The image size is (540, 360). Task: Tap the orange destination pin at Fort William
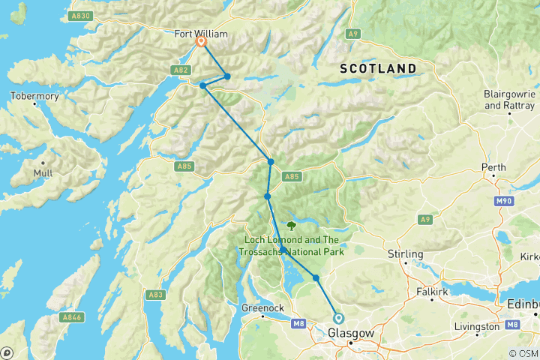(x=202, y=43)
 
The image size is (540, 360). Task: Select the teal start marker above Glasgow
(x=339, y=318)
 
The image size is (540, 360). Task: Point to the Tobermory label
(x=33, y=96)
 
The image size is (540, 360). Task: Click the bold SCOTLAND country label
(x=378, y=68)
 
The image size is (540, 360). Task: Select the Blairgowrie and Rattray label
(x=509, y=100)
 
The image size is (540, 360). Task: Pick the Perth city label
(x=495, y=167)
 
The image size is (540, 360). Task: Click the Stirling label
(x=406, y=254)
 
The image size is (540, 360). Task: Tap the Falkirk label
(x=433, y=289)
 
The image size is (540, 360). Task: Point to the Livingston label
(x=475, y=326)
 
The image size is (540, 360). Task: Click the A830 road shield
(x=80, y=16)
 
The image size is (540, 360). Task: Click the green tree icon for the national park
(x=291, y=225)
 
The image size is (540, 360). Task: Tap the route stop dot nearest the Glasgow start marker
(x=316, y=278)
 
